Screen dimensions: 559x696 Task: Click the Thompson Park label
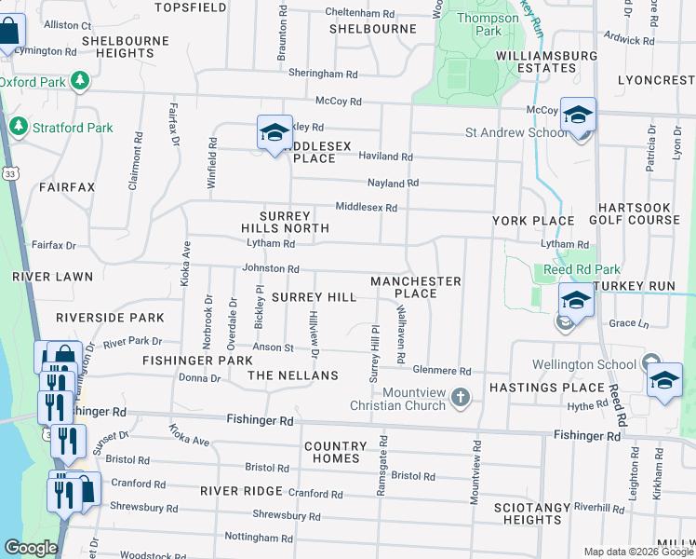point(494,24)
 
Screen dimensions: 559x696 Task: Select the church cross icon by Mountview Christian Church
point(460,398)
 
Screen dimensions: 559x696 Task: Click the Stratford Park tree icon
point(16,127)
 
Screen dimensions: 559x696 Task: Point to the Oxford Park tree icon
point(81,81)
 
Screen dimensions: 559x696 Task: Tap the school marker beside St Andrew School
point(578,116)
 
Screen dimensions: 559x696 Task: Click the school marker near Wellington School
point(664,380)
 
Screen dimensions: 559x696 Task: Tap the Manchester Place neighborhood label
point(416,287)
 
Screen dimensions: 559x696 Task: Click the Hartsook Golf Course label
point(639,213)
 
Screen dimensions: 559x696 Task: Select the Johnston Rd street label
point(270,268)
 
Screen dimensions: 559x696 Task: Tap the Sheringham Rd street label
point(323,74)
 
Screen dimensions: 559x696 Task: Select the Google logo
point(31,548)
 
